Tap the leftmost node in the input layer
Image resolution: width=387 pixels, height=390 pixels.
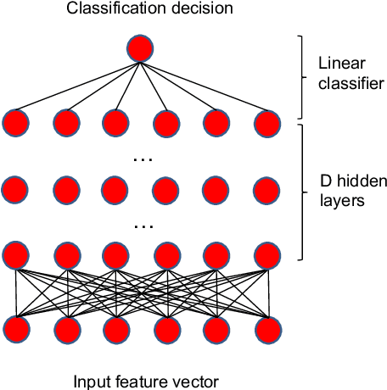tap(15, 328)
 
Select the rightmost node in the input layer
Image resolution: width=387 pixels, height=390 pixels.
tap(266, 328)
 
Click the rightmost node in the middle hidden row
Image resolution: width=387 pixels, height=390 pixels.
tap(266, 187)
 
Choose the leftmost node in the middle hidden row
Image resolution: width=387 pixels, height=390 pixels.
tap(15, 187)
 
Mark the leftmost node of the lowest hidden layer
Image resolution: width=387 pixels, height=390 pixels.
tap(15, 255)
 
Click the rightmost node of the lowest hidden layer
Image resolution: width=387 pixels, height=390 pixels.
tap(266, 255)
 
